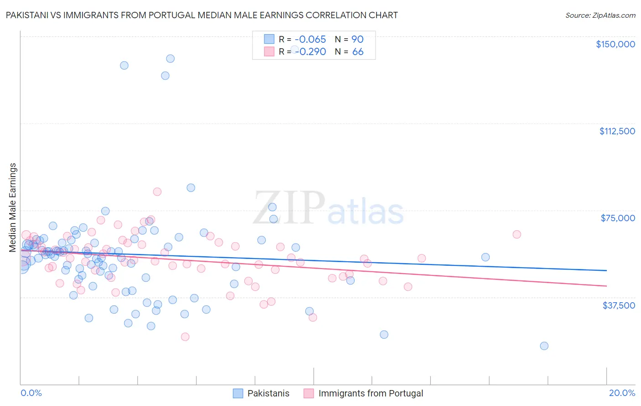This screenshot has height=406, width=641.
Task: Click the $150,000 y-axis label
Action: point(615,44)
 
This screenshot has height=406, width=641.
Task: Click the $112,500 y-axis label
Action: point(617,131)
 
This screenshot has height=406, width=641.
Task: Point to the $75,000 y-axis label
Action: point(618,218)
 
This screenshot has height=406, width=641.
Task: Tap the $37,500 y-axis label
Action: point(618,305)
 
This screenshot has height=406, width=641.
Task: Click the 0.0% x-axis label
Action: point(31,393)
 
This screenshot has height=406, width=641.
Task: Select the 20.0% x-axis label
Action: point(622,393)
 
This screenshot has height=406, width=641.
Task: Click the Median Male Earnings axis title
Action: point(13,207)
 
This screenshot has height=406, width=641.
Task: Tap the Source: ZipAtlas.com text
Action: point(600,15)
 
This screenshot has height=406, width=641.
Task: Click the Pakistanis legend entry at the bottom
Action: point(268,393)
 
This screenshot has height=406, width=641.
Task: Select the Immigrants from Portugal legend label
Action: point(371,393)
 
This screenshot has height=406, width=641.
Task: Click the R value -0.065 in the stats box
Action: point(310,39)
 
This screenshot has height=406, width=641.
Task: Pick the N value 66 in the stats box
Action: point(358,51)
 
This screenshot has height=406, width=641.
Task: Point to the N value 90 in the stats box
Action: point(357,39)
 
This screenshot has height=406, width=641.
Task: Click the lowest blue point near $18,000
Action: point(544,346)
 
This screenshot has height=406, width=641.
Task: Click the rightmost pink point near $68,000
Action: point(517,234)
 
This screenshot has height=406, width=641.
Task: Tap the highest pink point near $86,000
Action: point(157,192)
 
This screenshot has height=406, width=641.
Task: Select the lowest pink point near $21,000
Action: point(185,337)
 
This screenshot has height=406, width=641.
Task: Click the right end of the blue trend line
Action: point(606,270)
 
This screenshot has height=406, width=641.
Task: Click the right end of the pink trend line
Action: point(606,286)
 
